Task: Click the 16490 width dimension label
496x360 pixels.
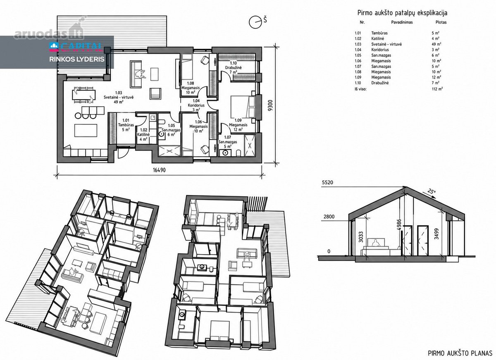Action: point(159,170)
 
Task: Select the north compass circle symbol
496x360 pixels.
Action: point(255,22)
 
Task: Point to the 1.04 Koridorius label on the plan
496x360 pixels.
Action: point(196,105)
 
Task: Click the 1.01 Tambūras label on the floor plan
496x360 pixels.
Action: point(126,125)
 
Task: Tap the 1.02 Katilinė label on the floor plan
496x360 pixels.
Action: point(143,135)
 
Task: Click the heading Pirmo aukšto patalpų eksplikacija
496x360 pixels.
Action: point(402,13)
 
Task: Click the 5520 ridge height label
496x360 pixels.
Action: point(327,183)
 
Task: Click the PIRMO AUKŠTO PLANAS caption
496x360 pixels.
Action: point(460,353)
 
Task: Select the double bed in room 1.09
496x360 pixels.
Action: point(243,107)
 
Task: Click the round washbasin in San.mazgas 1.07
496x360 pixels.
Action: point(225,153)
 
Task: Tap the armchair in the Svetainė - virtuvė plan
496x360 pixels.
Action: point(155,93)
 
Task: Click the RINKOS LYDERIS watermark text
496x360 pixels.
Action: point(77,60)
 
